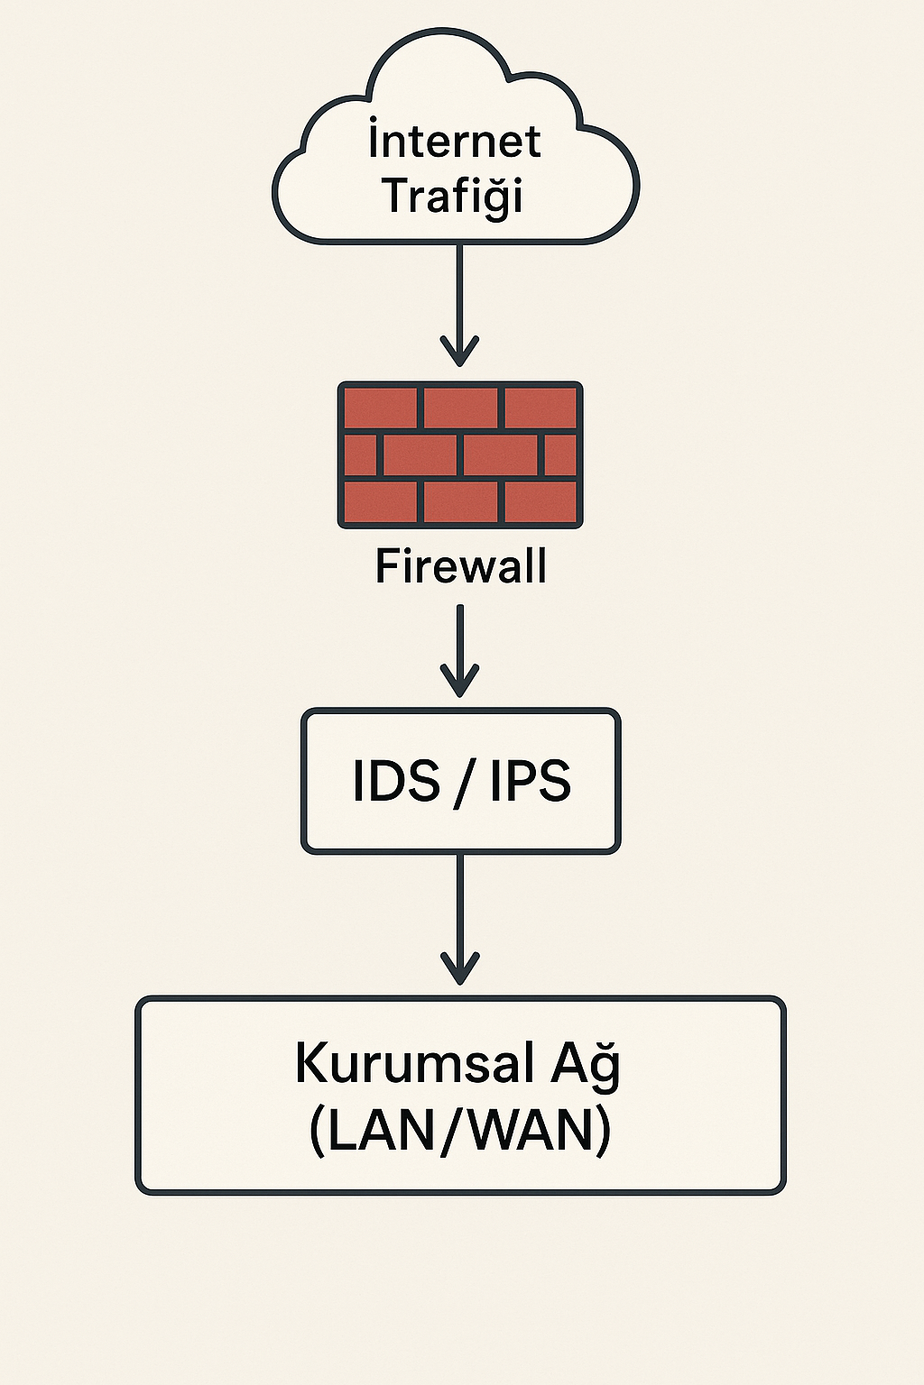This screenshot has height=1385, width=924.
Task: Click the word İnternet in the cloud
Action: [455, 142]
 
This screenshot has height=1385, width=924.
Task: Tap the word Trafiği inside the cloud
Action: [453, 196]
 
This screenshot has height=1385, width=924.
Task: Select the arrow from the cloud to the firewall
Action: [459, 298]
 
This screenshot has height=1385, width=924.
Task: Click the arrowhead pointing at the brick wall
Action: [459, 352]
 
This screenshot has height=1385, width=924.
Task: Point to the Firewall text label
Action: [460, 566]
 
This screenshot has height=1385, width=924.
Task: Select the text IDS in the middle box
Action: [396, 781]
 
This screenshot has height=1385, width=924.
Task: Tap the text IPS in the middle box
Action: [531, 781]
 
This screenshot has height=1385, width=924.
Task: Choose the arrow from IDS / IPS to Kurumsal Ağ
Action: [459, 911]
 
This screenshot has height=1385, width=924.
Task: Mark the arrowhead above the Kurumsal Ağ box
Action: [459, 968]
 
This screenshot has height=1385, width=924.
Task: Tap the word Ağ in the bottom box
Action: [586, 1063]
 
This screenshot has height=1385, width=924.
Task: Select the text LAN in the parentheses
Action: [373, 1130]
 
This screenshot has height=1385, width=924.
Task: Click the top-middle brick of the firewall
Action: [460, 408]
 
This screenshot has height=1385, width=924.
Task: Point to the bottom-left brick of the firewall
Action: [381, 501]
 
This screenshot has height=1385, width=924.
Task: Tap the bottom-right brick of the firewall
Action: [540, 501]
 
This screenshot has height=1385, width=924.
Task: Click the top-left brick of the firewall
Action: [381, 408]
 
